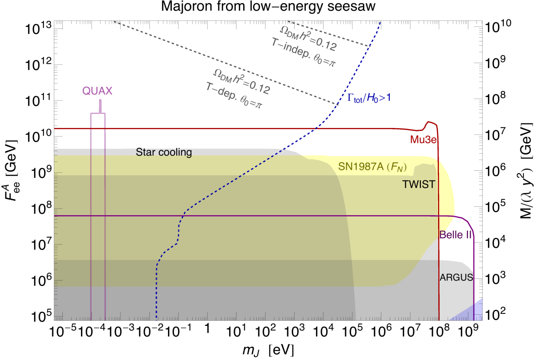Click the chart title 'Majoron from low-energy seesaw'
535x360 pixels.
click(268, 6)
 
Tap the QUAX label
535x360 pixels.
click(97, 91)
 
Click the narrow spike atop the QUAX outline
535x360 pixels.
click(100, 106)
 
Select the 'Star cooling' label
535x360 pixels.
click(164, 152)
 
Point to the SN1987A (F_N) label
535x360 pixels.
click(372, 167)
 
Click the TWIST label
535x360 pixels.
click(419, 184)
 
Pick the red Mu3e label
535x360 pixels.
click(423, 140)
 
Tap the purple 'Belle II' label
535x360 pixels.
click(455, 235)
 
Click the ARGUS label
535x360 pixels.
click(457, 277)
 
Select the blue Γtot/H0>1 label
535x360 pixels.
click(369, 98)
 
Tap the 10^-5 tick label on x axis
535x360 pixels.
click(62, 331)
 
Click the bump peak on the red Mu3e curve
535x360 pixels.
click(428, 122)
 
